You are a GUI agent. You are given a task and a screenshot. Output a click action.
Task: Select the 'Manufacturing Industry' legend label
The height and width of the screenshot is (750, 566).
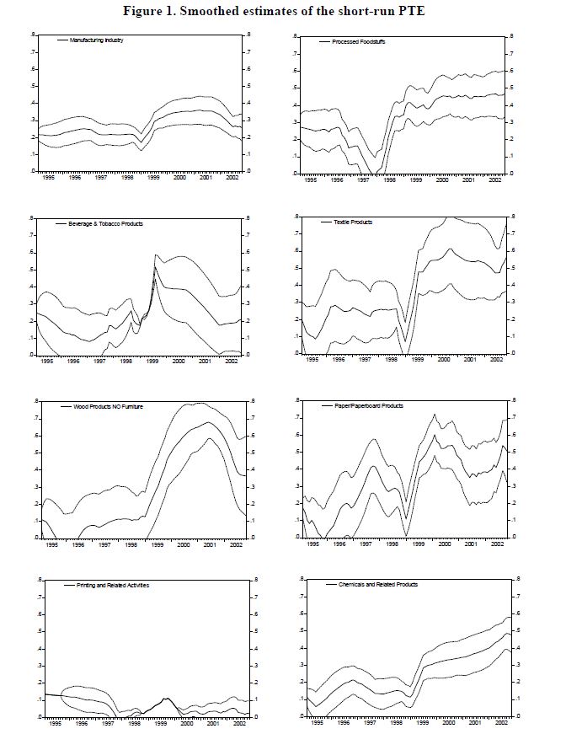[97, 40]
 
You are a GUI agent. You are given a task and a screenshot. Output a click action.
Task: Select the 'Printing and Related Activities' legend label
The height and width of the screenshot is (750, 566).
[103, 584]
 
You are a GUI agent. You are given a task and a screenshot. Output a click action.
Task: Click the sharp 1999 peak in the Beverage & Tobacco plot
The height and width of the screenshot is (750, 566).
[155, 254]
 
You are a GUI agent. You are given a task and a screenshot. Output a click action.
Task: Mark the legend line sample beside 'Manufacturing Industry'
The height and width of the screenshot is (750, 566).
[61, 40]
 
